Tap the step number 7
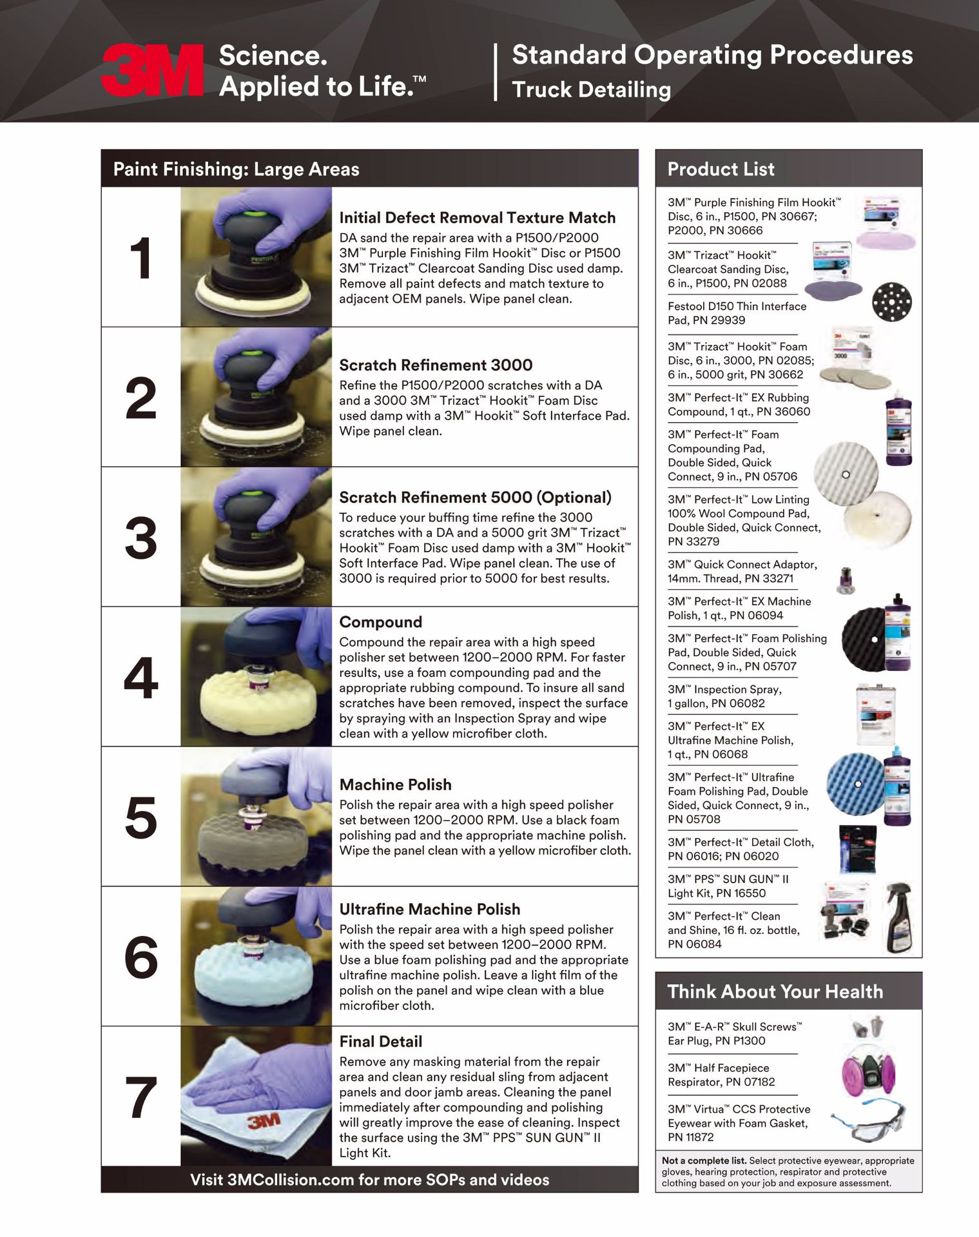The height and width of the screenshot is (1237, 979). tap(141, 1097)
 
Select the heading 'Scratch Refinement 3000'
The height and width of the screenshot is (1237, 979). tap(436, 365)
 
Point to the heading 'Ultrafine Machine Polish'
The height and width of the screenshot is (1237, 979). tap(429, 909)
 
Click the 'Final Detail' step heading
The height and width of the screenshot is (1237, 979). tap(380, 1041)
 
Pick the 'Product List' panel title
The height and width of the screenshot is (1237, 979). tap(721, 169)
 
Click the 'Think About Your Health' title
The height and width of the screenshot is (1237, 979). tap(775, 991)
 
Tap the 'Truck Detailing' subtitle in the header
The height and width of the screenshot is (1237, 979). tap(591, 90)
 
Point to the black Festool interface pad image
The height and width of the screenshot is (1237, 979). tap(891, 301)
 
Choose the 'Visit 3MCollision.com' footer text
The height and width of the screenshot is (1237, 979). tap(369, 1180)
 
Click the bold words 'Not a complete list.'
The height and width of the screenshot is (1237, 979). tap(704, 1160)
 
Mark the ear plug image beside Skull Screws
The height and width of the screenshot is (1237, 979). tap(867, 1026)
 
